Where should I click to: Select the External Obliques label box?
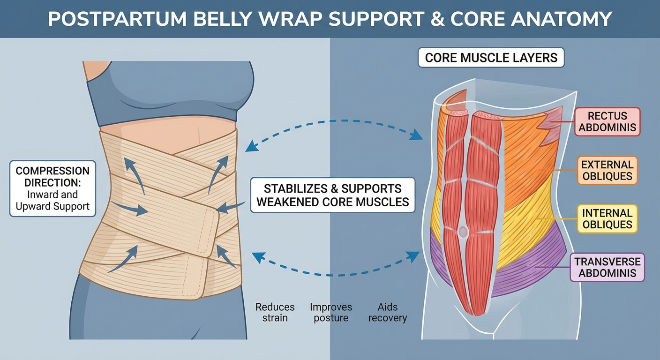pos(607,171)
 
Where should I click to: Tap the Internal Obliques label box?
pos(607,219)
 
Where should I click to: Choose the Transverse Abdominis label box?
pos(607,268)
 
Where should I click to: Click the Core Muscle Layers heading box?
pos(491,58)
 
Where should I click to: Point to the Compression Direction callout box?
pos(52,189)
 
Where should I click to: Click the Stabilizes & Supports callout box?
pos(333,195)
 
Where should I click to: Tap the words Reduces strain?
pos(275,312)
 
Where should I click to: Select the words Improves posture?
pos(330,312)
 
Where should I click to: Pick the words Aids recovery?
pos(387,312)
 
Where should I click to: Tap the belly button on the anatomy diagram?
pos(463,231)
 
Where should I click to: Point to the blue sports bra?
pos(169,94)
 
